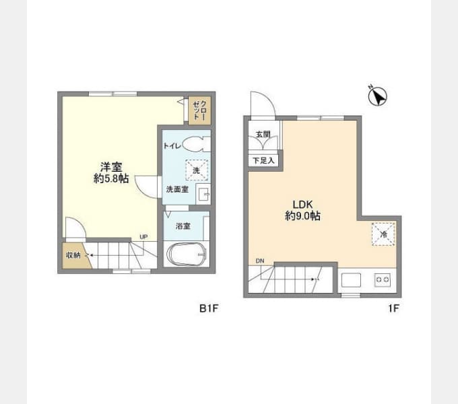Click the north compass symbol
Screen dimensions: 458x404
[x=377, y=96]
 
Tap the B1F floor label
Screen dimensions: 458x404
[x=209, y=308]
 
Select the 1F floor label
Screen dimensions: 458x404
[x=393, y=308]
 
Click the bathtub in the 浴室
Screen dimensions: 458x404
[x=186, y=255]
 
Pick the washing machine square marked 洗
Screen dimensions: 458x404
[x=197, y=170]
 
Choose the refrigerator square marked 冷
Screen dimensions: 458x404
[x=383, y=234]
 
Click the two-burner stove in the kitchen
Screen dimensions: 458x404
[x=383, y=280]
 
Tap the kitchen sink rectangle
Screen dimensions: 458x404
[x=351, y=280]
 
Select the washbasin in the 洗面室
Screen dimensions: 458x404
[x=203, y=193]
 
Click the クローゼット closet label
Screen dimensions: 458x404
[x=200, y=110]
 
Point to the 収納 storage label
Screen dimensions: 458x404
[x=73, y=255]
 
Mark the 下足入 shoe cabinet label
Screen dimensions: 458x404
[x=264, y=160]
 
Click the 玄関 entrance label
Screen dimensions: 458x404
[x=263, y=134]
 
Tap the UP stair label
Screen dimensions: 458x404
[x=143, y=237]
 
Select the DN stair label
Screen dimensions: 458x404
[x=260, y=261]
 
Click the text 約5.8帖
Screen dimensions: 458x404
[x=111, y=178]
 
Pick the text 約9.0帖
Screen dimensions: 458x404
[x=303, y=216]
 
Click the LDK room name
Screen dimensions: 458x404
[x=303, y=204]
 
